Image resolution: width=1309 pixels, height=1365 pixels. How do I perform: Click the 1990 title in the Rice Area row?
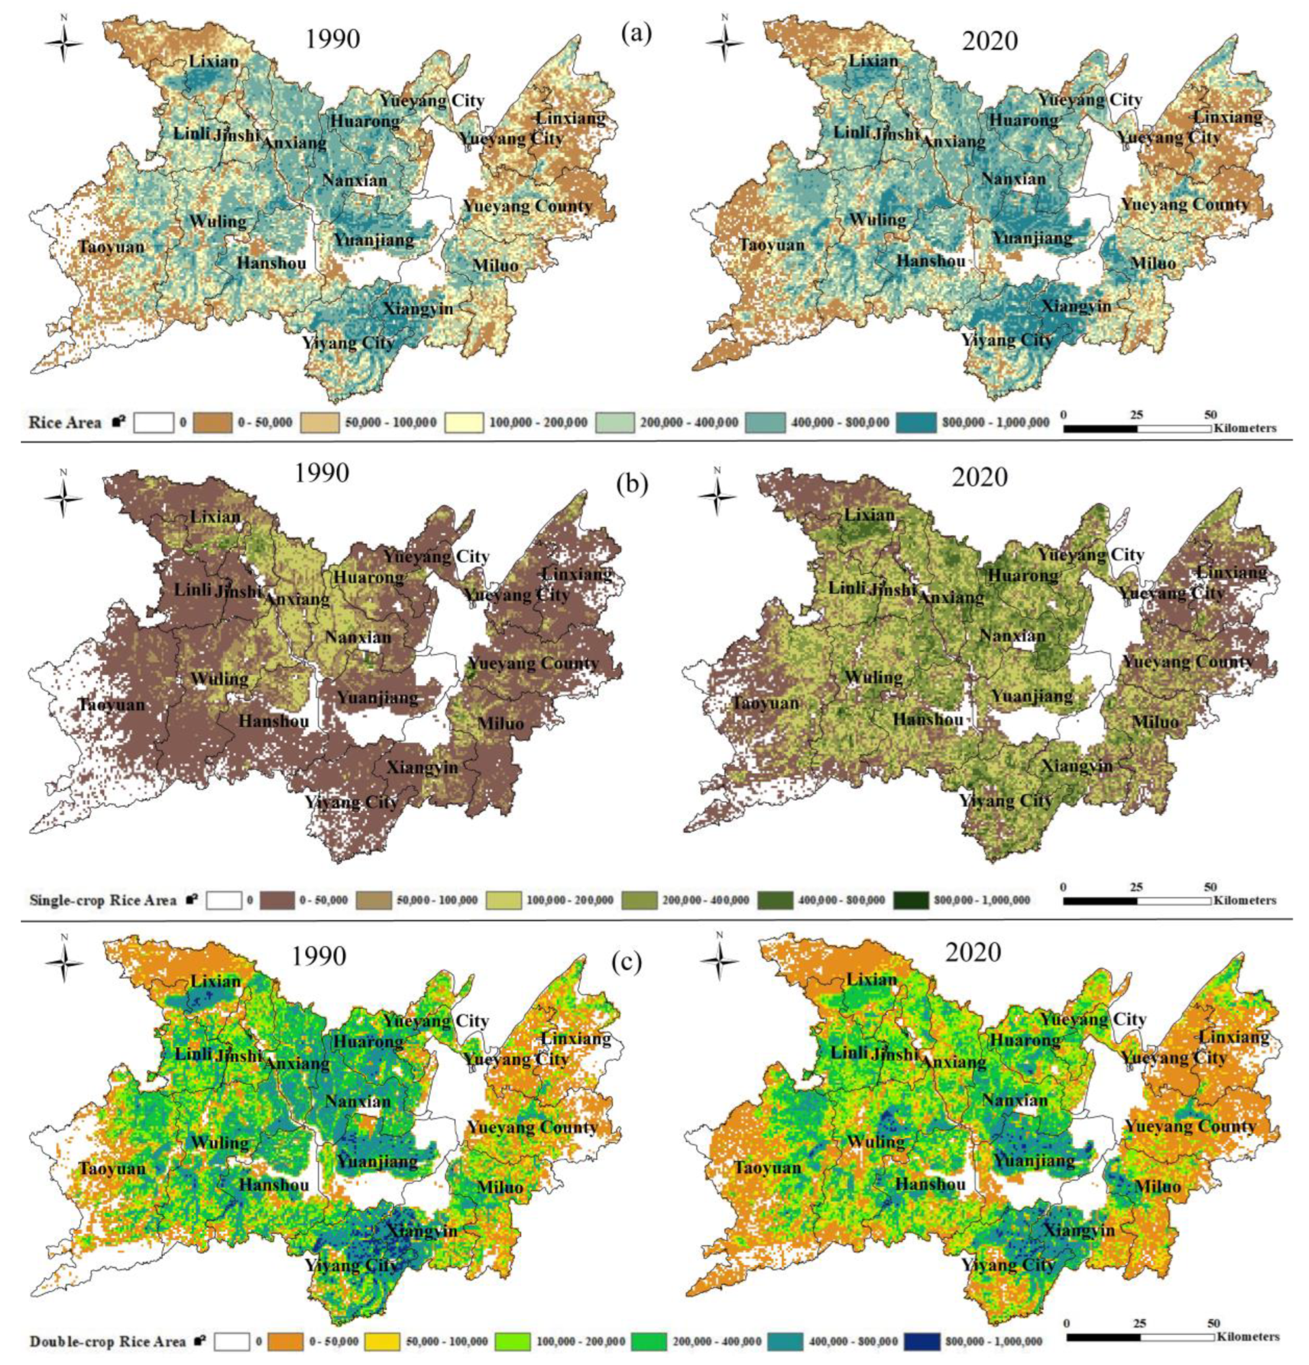[333, 39]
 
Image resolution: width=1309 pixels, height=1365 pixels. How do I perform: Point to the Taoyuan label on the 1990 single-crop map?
[112, 704]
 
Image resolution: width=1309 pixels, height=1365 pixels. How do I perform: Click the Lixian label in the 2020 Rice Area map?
[873, 61]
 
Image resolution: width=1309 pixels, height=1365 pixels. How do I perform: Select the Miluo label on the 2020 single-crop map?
[1155, 722]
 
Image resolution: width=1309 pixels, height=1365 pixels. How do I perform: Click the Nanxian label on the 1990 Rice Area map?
[355, 180]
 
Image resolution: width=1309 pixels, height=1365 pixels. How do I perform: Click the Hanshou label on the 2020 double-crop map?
[931, 1184]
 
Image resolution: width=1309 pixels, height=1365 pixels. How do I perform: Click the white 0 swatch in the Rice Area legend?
[153, 422]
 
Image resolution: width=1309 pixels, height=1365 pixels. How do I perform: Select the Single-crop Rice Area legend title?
[103, 900]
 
